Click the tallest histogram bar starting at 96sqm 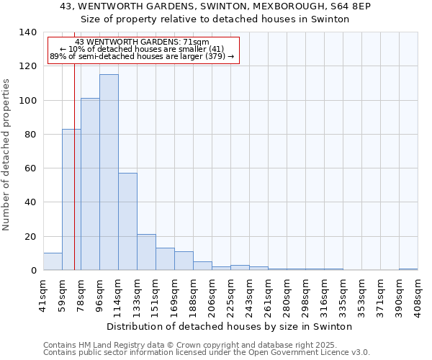point(109,173)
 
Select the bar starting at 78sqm point(90,184)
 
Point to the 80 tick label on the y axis point(30,135)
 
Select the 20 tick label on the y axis point(30,236)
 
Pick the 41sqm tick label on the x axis point(44,294)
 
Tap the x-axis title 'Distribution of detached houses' point(234,326)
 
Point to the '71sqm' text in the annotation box point(196,42)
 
